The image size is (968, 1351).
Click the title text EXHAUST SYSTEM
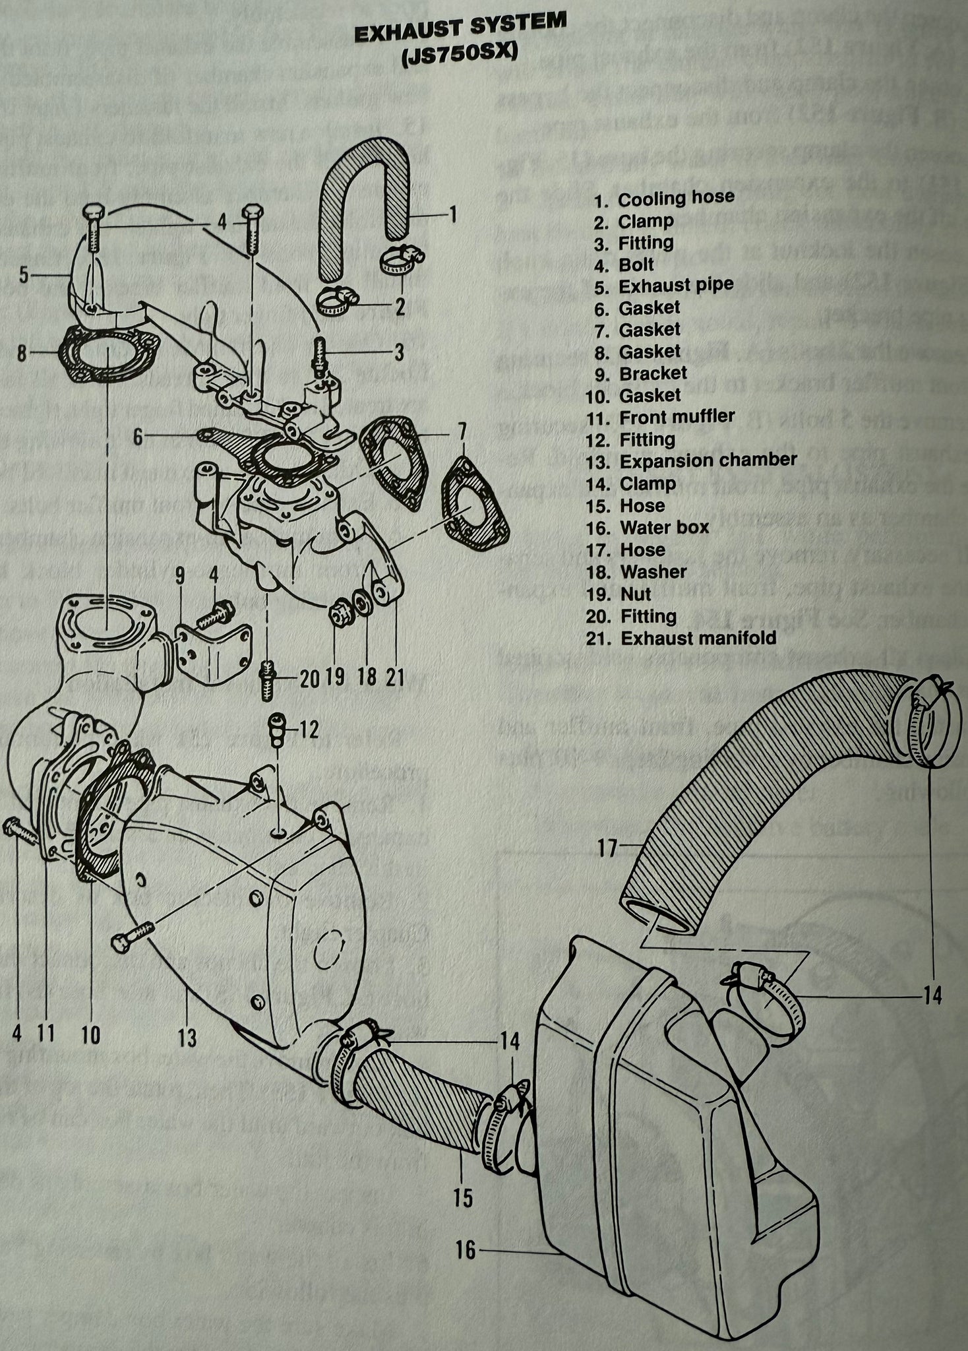coord(460,30)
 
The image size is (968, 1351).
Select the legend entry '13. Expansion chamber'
coord(691,460)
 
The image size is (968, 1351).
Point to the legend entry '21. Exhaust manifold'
coord(681,639)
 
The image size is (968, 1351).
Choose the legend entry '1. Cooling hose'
coord(664,198)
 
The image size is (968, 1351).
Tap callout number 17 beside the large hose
coord(607,847)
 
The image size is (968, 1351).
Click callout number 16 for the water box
coord(466,1251)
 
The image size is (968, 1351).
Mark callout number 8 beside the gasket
coord(22,354)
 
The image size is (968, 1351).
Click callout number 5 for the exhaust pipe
coord(24,274)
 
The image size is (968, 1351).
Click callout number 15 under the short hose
coord(464,1198)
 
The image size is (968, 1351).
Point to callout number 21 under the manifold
coord(394,677)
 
